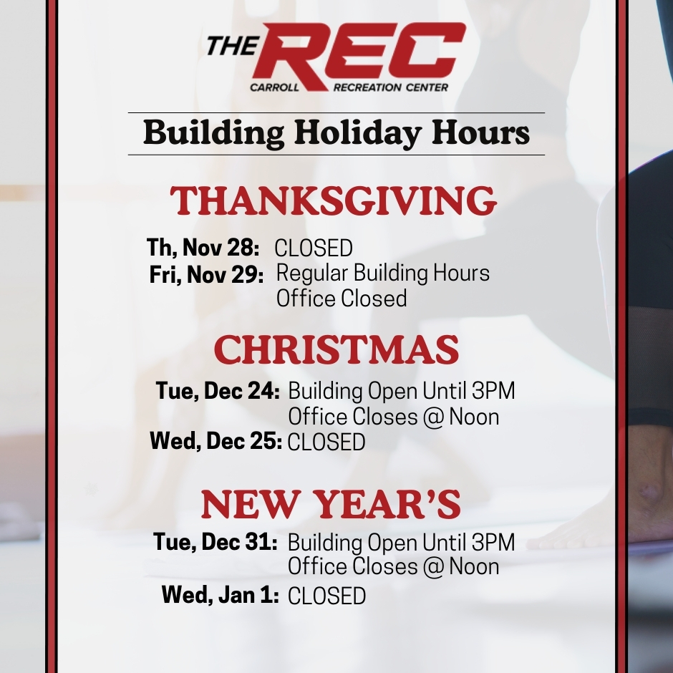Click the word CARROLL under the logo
point(275,87)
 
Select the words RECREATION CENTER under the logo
point(391,87)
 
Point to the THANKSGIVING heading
point(334,201)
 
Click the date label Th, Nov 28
point(203,248)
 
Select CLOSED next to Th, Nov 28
point(314,248)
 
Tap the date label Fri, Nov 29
point(206,274)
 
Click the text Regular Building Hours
point(383,273)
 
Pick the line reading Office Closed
point(342,299)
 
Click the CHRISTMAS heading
point(336,349)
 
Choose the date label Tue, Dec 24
point(218,391)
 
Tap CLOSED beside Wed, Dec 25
point(326,442)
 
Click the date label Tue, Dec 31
point(216,542)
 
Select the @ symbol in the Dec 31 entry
point(433,567)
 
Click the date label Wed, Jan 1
point(221,595)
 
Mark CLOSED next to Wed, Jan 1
point(326,596)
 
